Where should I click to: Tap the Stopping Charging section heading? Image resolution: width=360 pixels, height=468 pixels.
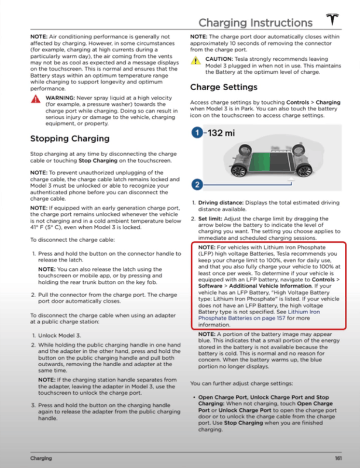[70, 139]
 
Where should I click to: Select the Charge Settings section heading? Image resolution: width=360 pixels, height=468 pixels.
[224, 87]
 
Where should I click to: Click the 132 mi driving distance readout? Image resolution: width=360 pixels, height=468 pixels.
[221, 133]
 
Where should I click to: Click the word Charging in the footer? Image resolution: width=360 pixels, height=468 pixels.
[41, 456]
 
